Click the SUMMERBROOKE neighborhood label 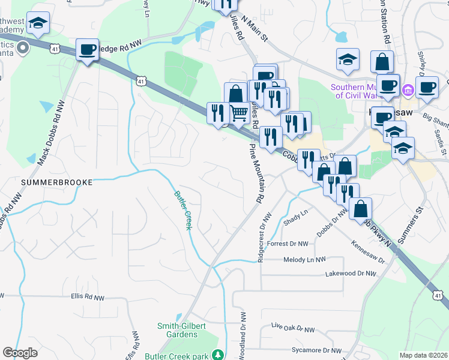(57, 181)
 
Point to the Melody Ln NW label (304, 259)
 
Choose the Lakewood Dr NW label (351, 274)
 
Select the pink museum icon (408, 90)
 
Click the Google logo (20, 353)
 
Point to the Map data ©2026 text (423, 355)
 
